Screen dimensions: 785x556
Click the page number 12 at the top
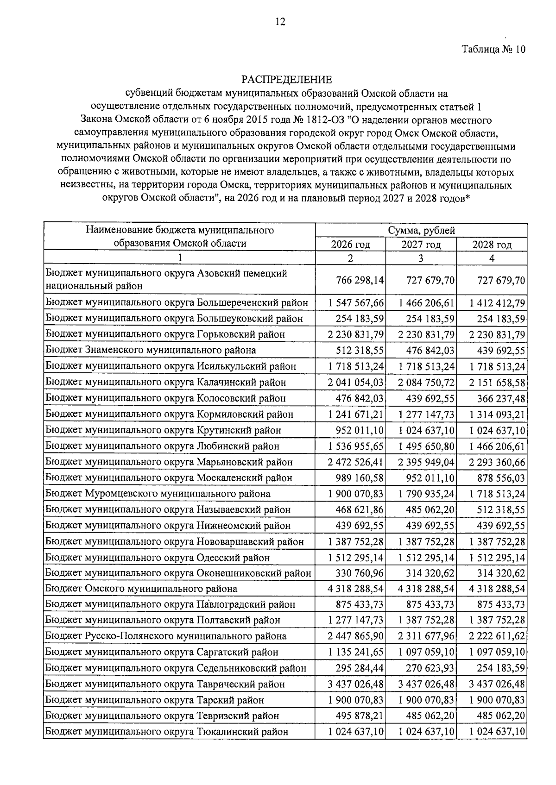click(280, 21)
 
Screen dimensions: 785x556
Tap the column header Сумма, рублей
click(421, 230)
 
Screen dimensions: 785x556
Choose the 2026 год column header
click(350, 244)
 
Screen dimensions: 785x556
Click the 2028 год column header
click(492, 244)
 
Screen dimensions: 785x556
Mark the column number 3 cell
click(421, 258)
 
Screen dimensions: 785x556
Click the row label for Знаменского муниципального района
click(151, 350)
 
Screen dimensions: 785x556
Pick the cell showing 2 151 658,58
click(497, 382)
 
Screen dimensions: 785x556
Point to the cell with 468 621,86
click(360, 509)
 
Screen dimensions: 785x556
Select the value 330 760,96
click(360, 573)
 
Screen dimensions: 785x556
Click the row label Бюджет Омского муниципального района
click(141, 589)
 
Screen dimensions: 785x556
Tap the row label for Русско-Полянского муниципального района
click(166, 636)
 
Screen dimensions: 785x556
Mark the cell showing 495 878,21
click(360, 716)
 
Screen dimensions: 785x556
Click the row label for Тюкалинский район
click(167, 732)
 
